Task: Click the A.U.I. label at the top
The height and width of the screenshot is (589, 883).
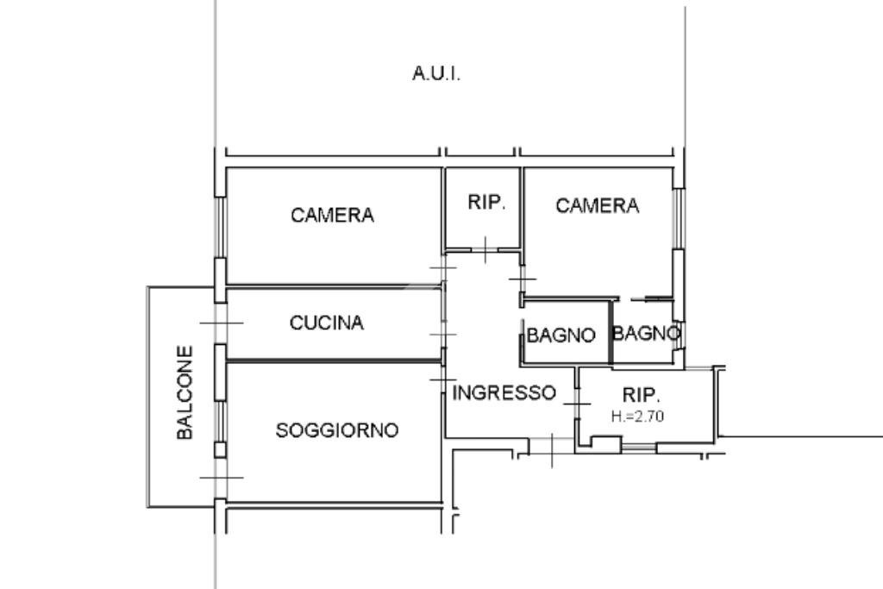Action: tap(436, 74)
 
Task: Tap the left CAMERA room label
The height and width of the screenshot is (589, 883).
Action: tap(333, 216)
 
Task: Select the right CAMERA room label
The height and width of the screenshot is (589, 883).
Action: tap(597, 206)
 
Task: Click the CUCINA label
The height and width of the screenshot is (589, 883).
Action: tap(327, 323)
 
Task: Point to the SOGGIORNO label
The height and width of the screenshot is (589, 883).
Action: tap(337, 429)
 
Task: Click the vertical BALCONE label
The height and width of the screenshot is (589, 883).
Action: tap(185, 393)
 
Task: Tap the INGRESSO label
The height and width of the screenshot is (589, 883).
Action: tap(504, 393)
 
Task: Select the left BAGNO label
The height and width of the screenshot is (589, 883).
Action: tap(560, 335)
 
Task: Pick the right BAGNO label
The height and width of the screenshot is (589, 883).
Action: tap(646, 333)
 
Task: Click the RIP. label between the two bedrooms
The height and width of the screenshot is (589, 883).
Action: tap(485, 203)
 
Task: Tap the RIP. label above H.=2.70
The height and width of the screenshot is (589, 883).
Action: tap(641, 396)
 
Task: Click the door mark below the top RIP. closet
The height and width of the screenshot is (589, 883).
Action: tap(485, 250)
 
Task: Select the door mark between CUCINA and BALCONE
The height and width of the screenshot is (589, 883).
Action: tap(221, 323)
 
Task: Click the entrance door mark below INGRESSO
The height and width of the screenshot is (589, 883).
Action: tap(552, 448)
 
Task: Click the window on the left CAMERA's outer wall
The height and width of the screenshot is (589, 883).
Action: tap(221, 226)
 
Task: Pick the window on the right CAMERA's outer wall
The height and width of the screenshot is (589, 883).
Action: tap(678, 220)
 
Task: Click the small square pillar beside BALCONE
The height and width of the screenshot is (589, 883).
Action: tap(220, 449)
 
